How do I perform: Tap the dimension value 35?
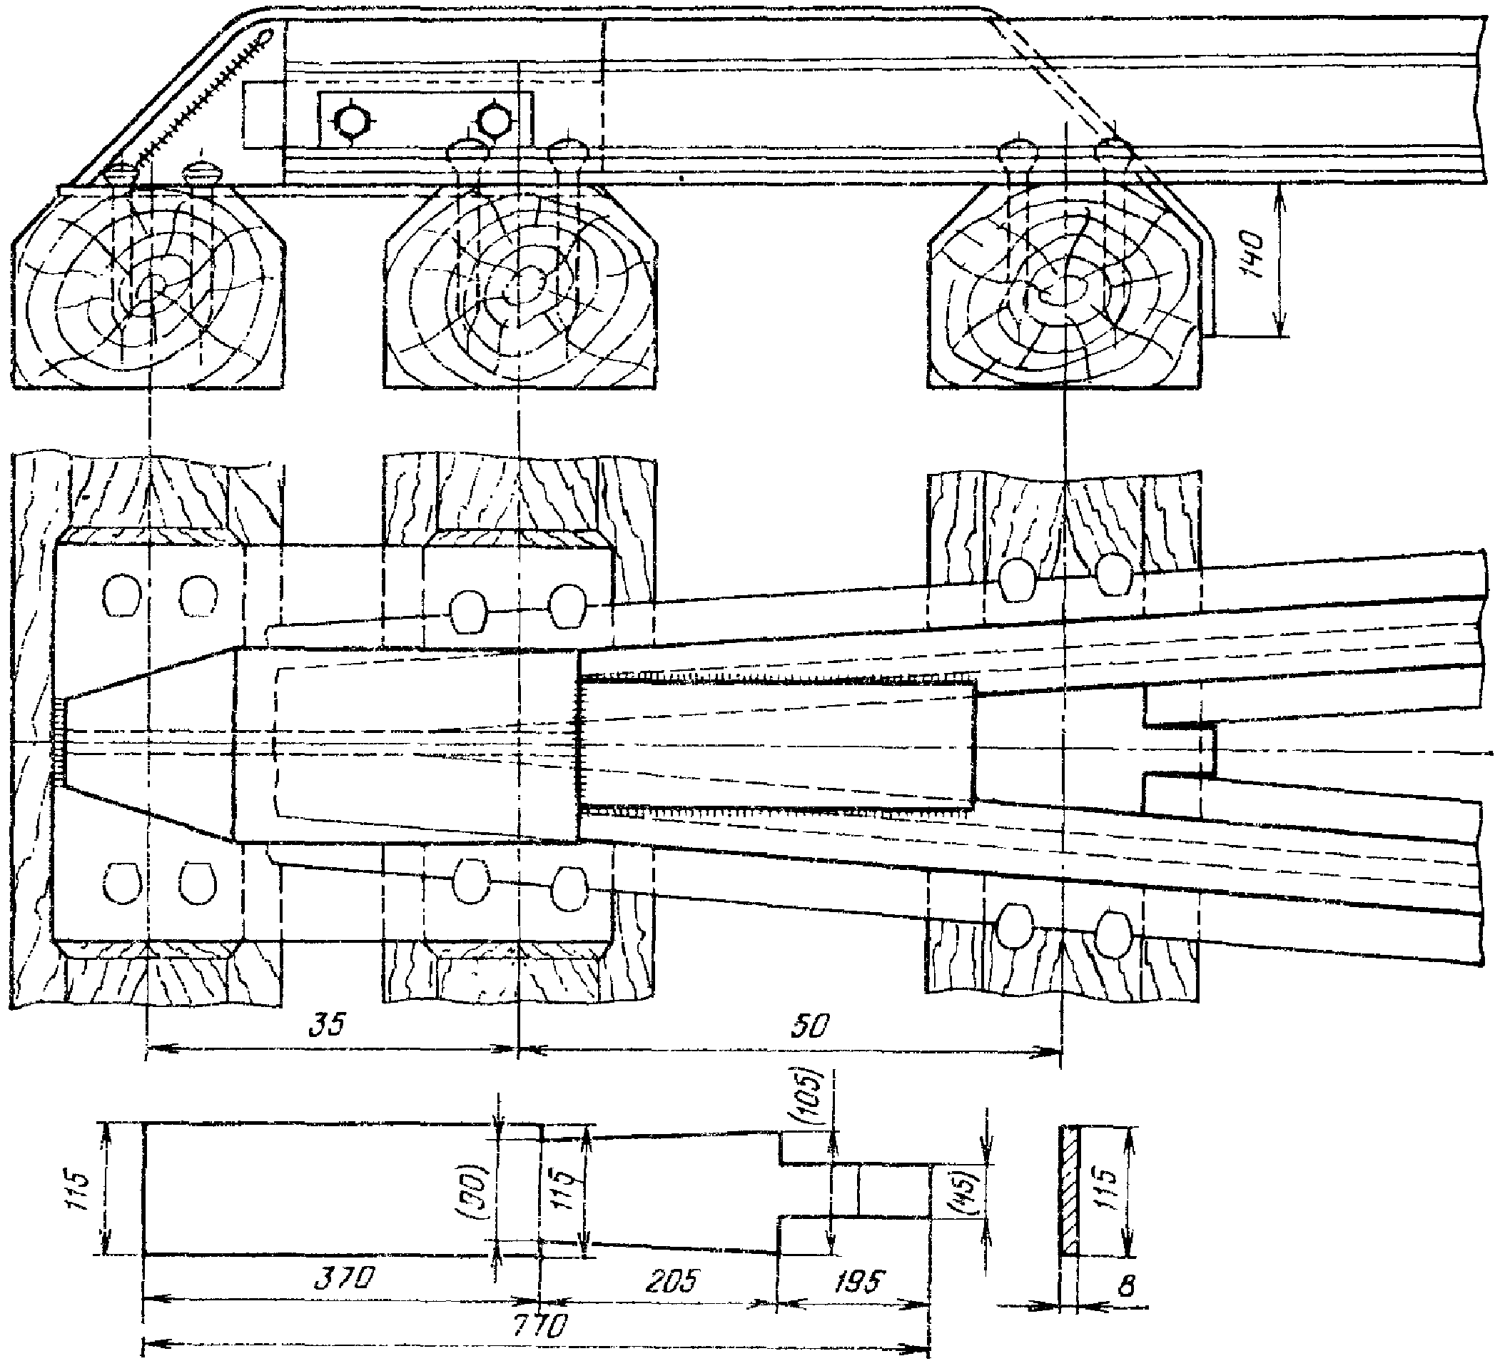tap(328, 1025)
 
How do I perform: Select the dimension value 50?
tap(809, 1028)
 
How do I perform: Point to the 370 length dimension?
tap(343, 1279)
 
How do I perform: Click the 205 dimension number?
tap(672, 1280)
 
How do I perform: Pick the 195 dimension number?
tap(857, 1280)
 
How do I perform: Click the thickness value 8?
tap(1126, 1286)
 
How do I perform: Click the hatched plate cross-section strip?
tap(1068, 1190)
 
